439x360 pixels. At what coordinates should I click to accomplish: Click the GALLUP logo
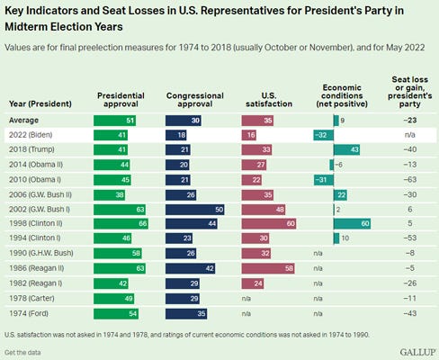coord(417,352)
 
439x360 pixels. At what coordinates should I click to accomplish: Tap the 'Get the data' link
coord(22,353)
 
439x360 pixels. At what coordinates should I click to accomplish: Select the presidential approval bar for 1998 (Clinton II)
coord(121,223)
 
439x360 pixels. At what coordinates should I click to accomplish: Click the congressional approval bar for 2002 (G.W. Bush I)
coord(195,210)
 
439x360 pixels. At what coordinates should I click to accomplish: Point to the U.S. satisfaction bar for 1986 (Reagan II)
coord(268,268)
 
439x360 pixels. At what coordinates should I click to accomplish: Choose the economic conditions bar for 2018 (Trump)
coord(346,149)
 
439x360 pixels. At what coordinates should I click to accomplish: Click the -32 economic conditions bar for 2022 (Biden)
coord(324,135)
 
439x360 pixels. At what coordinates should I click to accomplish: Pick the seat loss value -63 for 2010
coord(410,179)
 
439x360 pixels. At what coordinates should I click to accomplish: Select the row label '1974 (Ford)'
coord(29,313)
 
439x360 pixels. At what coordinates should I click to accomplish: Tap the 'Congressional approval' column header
coord(195,100)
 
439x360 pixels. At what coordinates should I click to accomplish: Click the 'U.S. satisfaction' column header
coord(269,100)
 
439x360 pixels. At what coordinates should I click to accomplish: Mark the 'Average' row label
coord(23,120)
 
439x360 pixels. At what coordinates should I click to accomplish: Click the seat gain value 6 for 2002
coord(410,209)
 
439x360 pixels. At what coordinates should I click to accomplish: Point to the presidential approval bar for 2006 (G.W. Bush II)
coord(109,195)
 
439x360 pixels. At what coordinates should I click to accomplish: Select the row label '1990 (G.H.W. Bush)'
coord(41,253)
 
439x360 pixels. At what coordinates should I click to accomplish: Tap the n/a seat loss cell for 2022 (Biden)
coord(410,135)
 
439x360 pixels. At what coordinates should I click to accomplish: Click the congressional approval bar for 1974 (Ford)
coord(186,314)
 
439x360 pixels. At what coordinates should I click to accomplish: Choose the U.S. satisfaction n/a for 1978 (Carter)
coord(246,299)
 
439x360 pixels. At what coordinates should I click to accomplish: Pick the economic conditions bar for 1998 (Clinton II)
coord(352,223)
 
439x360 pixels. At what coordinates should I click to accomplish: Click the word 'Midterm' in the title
coord(26,27)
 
